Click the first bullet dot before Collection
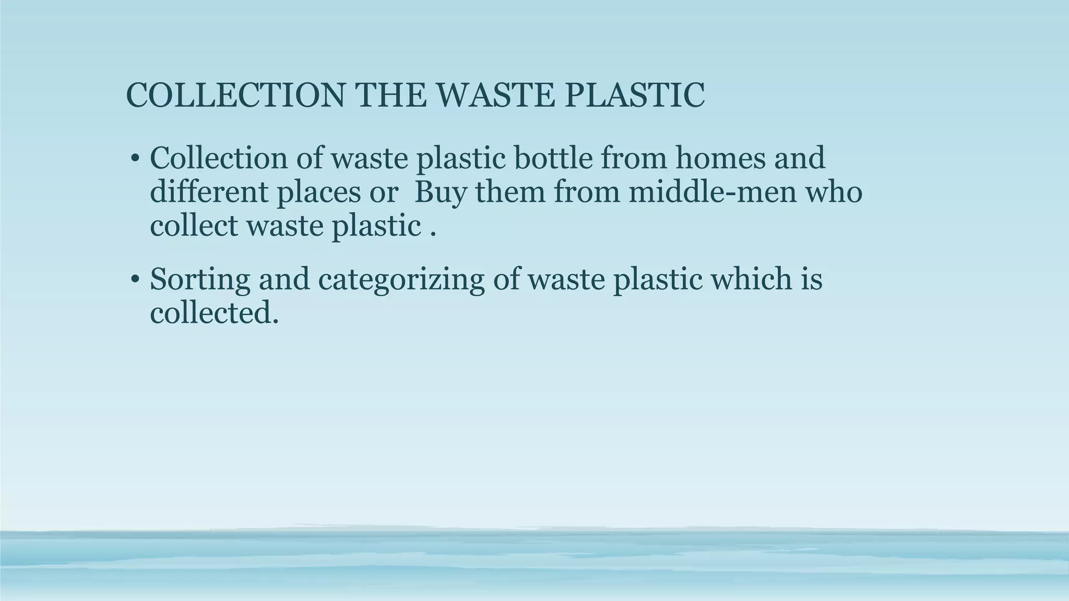[x=135, y=159]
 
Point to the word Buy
[x=440, y=193]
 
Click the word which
[x=749, y=279]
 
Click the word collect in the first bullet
[x=194, y=225]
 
